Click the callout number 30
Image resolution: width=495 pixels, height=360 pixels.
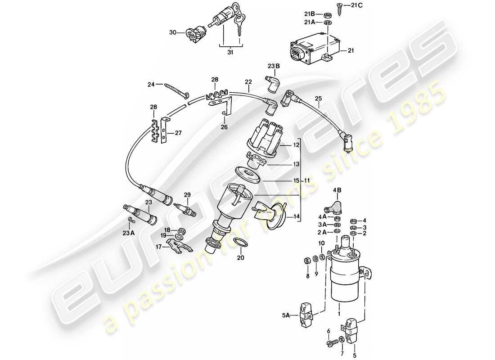[x=172, y=32]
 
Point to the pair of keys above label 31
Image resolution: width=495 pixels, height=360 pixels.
[x=239, y=25]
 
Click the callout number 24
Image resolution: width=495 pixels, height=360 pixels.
[x=151, y=84]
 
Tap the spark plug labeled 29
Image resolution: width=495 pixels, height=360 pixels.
[x=185, y=209]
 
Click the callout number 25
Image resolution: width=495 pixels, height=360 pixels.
[x=319, y=98]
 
